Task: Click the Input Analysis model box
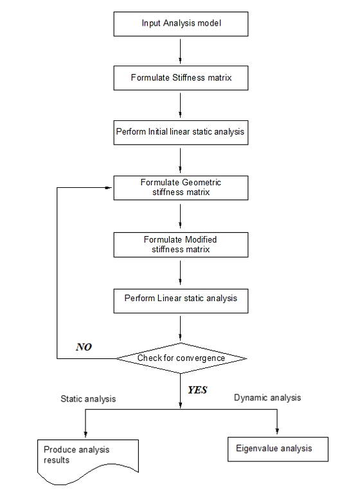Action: [180, 23]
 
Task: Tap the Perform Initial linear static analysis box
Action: [180, 132]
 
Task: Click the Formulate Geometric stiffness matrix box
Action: [180, 187]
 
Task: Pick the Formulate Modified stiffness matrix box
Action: [180, 244]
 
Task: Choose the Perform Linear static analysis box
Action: [180, 299]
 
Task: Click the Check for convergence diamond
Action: [181, 358]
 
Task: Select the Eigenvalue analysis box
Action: [278, 448]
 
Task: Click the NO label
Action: [84, 347]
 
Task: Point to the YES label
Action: [197, 390]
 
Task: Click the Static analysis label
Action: [89, 399]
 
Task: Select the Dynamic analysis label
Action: [267, 398]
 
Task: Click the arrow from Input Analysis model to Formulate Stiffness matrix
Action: [181, 50]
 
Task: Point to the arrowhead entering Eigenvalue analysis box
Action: [278, 432]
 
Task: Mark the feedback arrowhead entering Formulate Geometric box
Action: [109, 187]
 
